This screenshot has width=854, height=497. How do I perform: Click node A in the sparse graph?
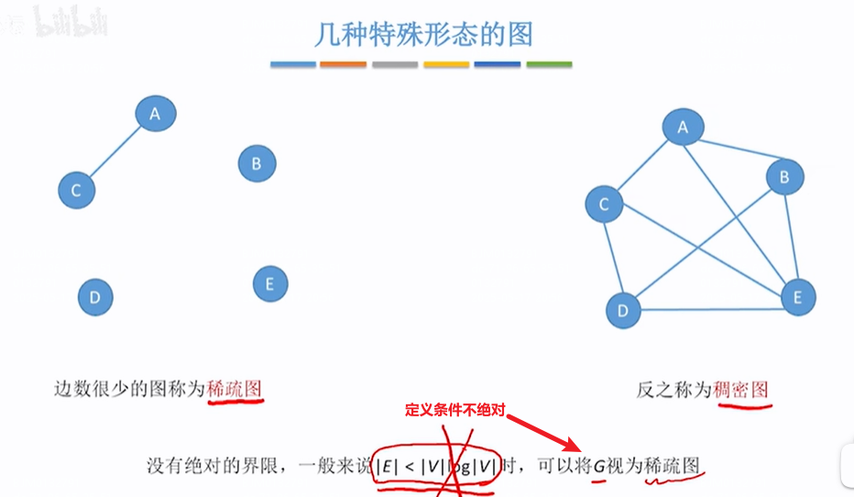point(156,114)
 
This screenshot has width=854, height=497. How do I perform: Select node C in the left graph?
point(76,191)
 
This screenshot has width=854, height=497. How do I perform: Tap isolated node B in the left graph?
point(257,164)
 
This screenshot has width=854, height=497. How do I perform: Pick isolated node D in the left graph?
point(94,297)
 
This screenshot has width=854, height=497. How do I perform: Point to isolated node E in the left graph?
point(269,283)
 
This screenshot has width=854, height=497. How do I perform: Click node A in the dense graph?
point(683,127)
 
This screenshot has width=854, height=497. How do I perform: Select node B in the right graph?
point(783,176)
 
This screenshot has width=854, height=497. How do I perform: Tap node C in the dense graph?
point(604,204)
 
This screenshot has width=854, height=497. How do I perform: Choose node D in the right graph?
point(623,310)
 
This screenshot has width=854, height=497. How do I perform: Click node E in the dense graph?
point(797,297)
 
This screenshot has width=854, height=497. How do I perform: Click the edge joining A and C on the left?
point(115,152)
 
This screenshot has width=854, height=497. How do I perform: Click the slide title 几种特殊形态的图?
point(422,35)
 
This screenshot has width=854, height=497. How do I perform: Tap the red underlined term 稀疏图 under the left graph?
point(235,388)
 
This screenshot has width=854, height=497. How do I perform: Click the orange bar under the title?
point(344,65)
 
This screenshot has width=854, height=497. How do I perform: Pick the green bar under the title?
point(549,65)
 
